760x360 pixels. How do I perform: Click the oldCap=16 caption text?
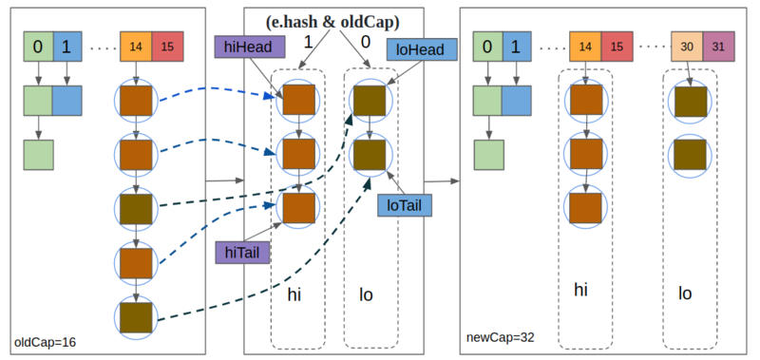pos(46,340)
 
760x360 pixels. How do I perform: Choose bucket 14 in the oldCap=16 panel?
pos(135,47)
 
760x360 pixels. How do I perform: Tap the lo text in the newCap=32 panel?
pos(684,294)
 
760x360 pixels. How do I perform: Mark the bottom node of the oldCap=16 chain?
pos(135,314)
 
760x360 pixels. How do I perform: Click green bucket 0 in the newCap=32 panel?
pos(486,46)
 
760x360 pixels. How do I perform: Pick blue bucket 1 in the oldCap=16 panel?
pos(66,46)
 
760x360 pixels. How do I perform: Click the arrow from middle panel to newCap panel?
pos(442,180)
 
